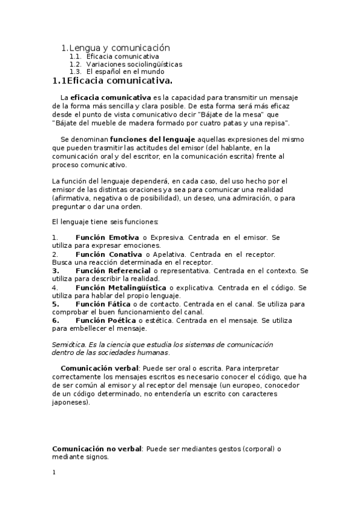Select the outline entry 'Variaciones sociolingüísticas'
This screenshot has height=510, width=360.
click(x=134, y=64)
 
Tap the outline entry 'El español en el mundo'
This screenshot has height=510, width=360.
click(x=126, y=72)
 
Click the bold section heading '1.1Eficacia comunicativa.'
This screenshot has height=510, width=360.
click(x=112, y=81)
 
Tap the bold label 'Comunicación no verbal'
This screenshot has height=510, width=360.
click(x=97, y=449)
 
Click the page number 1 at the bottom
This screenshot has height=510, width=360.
click(x=53, y=472)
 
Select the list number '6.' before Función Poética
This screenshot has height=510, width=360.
click(x=55, y=321)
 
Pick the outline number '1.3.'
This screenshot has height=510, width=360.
click(x=75, y=72)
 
